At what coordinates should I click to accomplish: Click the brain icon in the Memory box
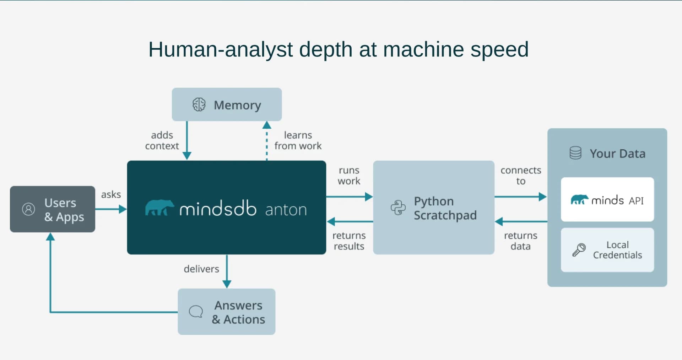[x=199, y=105]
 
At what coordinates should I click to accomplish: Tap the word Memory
[x=237, y=105]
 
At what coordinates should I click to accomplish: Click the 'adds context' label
[x=162, y=140]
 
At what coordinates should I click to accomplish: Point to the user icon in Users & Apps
[x=28, y=209]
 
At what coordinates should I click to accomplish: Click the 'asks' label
[x=111, y=194]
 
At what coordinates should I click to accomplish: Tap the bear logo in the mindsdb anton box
[x=159, y=208]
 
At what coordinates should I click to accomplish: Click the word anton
[x=286, y=210]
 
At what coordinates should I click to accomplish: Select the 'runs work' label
[x=349, y=176]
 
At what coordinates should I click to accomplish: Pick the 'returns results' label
[x=349, y=241]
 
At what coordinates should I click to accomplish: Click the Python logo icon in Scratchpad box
[x=398, y=208]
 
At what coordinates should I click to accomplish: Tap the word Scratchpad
[x=445, y=215]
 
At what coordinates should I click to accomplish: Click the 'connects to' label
[x=521, y=176]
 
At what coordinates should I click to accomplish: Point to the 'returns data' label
[x=520, y=241]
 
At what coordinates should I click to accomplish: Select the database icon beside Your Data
[x=575, y=153]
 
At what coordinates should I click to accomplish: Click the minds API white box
[x=607, y=199]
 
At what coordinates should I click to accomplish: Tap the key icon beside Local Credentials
[x=579, y=249]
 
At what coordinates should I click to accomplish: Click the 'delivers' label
[x=201, y=269]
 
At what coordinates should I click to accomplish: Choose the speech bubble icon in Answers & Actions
[x=196, y=312]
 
